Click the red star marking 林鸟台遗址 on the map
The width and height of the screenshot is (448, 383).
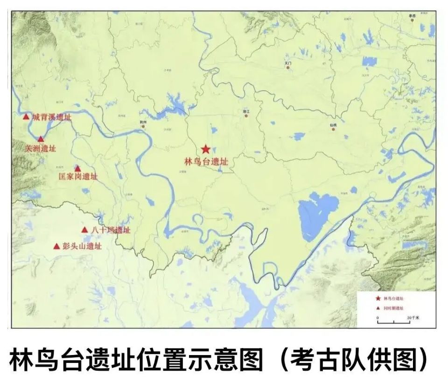pyautogui.click(x=206, y=149)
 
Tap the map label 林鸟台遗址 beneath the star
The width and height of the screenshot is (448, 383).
pyautogui.click(x=206, y=162)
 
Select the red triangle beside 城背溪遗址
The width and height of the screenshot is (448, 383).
pyautogui.click(x=26, y=117)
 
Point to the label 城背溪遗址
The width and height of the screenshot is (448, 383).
pyautogui.click(x=52, y=118)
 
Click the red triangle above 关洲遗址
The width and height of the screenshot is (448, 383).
pyautogui.click(x=41, y=139)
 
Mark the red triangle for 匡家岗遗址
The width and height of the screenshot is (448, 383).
pyautogui.click(x=77, y=168)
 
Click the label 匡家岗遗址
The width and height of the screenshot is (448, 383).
pyautogui.click(x=78, y=177)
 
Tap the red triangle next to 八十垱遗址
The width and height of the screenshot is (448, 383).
pyautogui.click(x=84, y=230)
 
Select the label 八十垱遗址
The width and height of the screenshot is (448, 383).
pyautogui.click(x=111, y=230)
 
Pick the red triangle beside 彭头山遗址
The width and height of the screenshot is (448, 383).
pyautogui.click(x=56, y=246)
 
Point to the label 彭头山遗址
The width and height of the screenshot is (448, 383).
pyautogui.click(x=82, y=246)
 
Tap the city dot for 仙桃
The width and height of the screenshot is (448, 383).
pyautogui.click(x=333, y=129)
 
